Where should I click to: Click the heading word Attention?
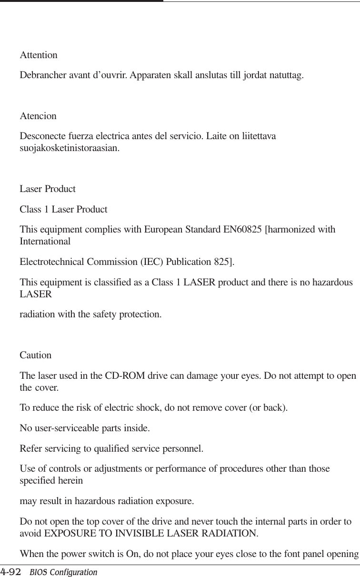click(39, 55)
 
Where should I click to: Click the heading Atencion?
click(38, 116)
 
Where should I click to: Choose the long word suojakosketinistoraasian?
click(70, 148)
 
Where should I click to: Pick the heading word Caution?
click(35, 355)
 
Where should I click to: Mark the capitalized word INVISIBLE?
click(135, 533)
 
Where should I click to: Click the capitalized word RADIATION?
click(228, 533)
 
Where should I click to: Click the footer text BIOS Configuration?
click(63, 572)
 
